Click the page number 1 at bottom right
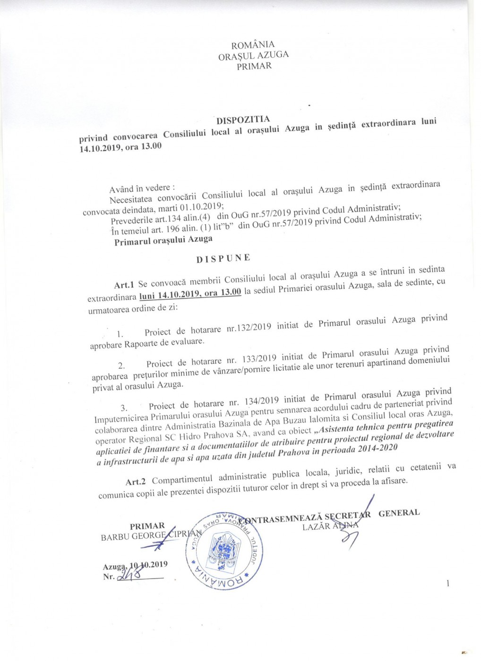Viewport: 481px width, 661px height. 447,584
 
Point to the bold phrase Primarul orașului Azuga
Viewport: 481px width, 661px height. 163,240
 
